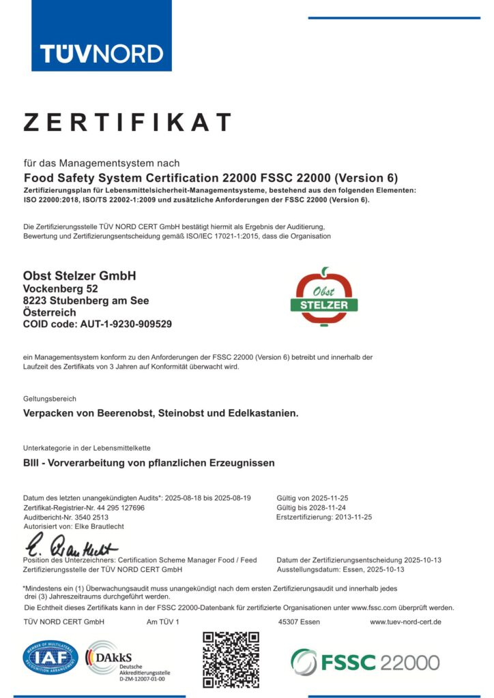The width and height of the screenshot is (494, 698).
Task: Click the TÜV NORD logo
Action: (x=101, y=53)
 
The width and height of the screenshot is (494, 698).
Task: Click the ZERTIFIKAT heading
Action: (x=128, y=123)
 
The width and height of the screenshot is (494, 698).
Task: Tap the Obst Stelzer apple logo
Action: (x=325, y=298)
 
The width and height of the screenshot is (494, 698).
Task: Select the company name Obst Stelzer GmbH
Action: (x=80, y=276)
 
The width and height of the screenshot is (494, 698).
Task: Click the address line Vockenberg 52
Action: (x=61, y=288)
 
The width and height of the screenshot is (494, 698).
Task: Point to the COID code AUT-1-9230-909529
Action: (x=98, y=324)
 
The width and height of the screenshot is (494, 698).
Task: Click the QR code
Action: (x=231, y=659)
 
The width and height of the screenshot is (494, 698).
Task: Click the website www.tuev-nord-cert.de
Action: (x=405, y=622)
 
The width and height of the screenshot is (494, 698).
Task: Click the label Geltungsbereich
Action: (x=50, y=398)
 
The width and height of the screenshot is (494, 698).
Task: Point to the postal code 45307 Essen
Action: (x=300, y=622)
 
